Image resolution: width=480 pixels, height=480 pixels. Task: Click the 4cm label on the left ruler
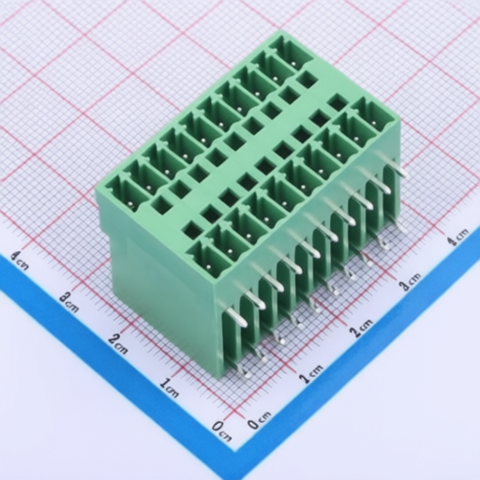coord(20,261)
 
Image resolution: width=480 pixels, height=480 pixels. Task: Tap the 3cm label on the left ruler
coord(68,301)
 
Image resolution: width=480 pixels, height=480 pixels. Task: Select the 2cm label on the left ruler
coord(118,343)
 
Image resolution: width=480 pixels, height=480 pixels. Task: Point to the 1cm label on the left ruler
coord(169,388)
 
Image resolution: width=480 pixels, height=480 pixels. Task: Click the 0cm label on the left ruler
coord(221,430)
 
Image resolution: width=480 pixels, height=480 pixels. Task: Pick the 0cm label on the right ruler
coord(259,420)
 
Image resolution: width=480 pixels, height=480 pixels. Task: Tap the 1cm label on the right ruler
coord(311,374)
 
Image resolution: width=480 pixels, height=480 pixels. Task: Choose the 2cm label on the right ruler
coord(361,328)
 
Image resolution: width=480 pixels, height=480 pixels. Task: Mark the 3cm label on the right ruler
coord(411,281)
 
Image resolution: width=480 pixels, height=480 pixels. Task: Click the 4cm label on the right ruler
coord(457,237)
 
